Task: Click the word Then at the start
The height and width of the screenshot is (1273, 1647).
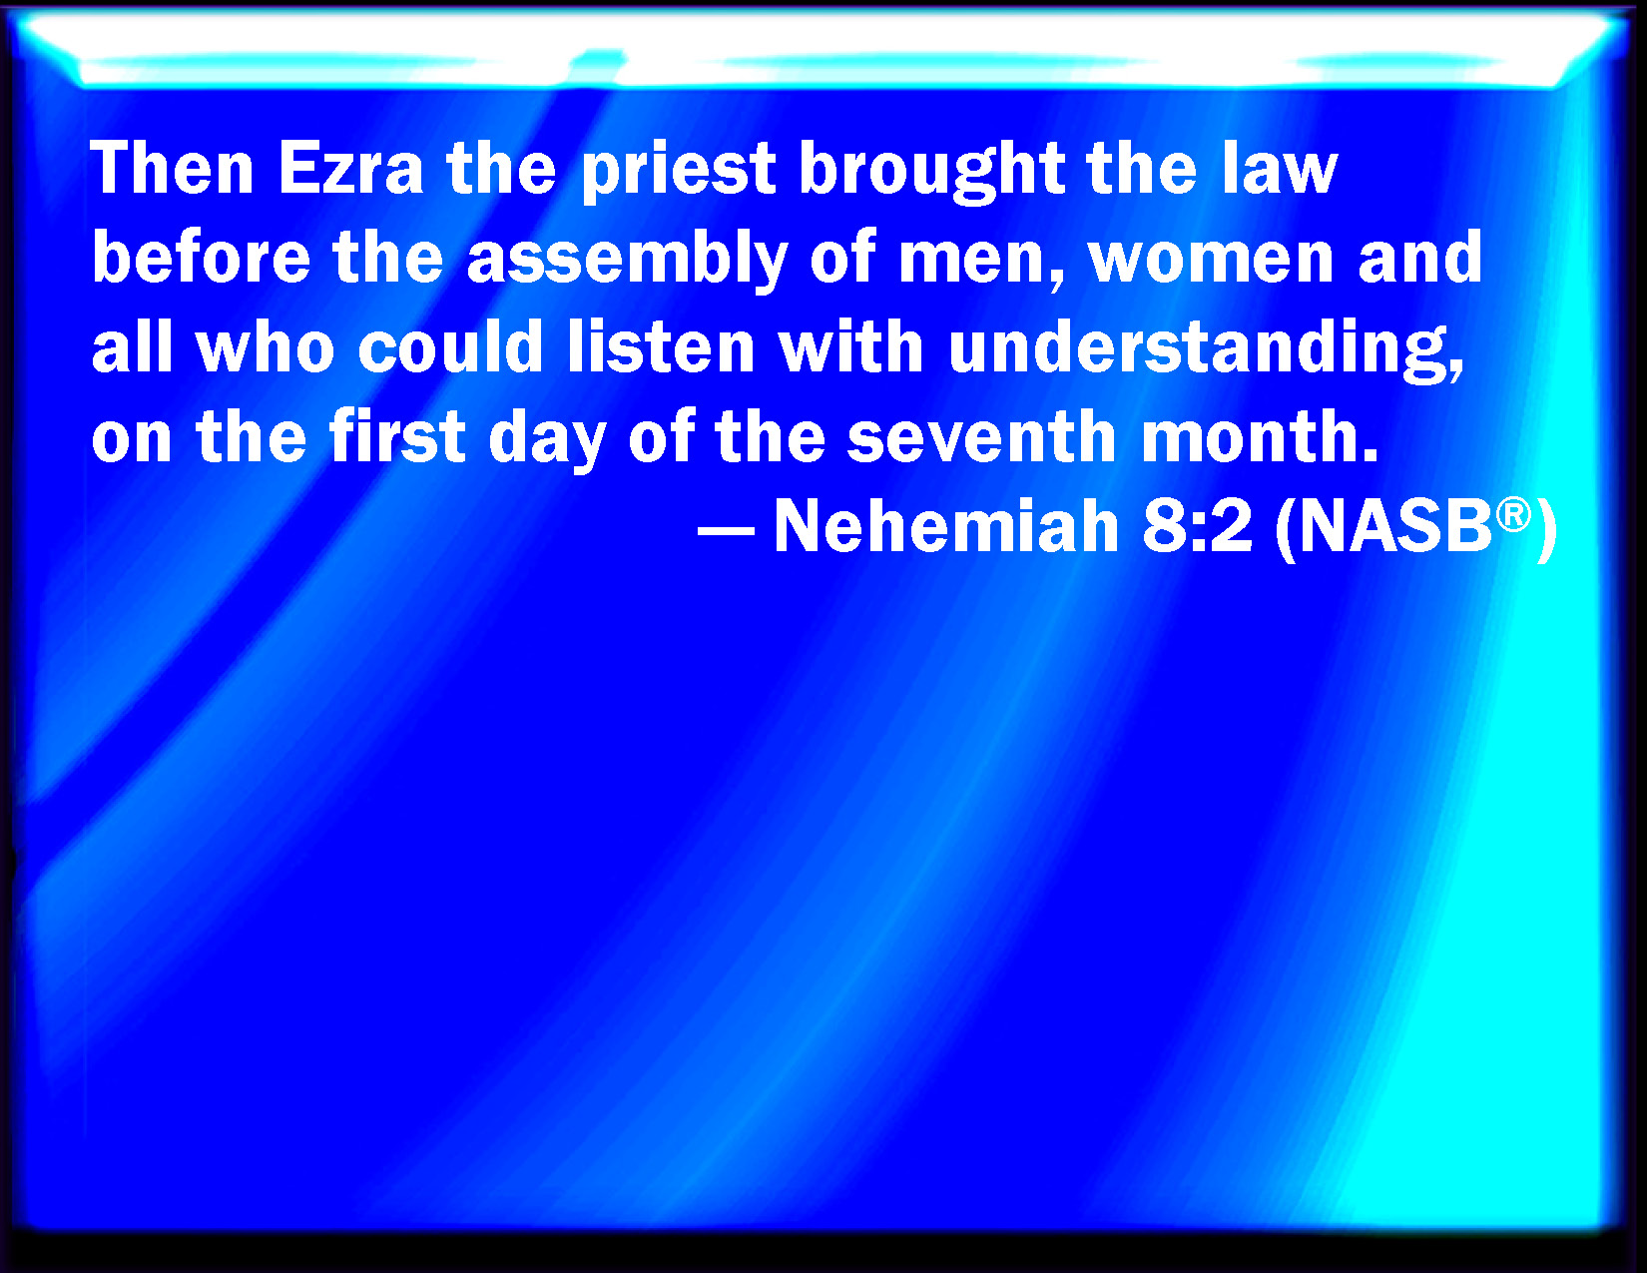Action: click(172, 169)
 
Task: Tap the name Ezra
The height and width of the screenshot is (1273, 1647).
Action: click(350, 169)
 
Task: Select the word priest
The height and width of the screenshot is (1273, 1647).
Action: click(678, 173)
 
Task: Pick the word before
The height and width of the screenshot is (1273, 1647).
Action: click(201, 257)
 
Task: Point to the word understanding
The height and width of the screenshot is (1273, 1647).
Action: click(1205, 350)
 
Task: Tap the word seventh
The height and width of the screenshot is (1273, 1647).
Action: click(981, 435)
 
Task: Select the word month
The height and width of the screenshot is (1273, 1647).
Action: click(1258, 435)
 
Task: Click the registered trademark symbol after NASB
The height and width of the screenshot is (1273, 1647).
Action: click(1513, 515)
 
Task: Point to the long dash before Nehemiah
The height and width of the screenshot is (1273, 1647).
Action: click(726, 529)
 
